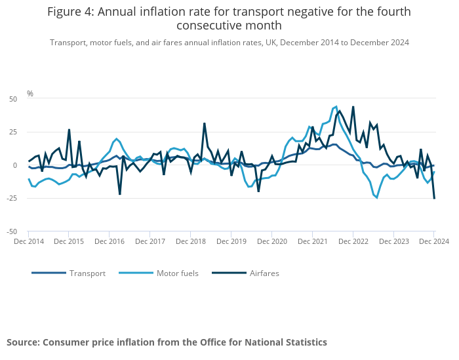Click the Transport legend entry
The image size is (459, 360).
pyautogui.click(x=87, y=273)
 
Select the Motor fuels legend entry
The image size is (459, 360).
pyautogui.click(x=177, y=273)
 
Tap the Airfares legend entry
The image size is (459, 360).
pyautogui.click(x=264, y=273)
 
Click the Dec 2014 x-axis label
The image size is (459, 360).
pyautogui.click(x=29, y=242)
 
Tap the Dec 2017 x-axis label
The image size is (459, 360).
pyautogui.click(x=150, y=242)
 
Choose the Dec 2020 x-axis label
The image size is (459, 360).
pyautogui.click(x=271, y=242)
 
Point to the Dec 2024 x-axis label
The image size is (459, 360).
pyautogui.click(x=433, y=242)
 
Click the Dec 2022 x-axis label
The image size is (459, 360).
pyautogui.click(x=353, y=242)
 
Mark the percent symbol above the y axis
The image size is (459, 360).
pyautogui.click(x=30, y=94)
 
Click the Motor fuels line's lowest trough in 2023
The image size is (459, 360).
pyautogui.click(x=376, y=197)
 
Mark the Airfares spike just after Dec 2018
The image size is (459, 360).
pyautogui.click(x=204, y=123)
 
